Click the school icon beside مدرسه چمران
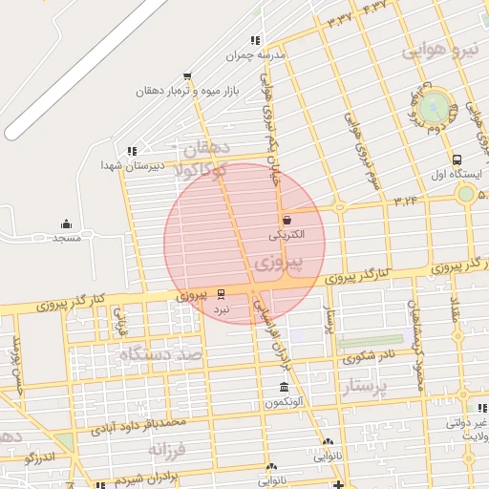click(254, 40)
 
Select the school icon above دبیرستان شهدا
click(132, 151)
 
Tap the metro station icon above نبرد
click(222, 293)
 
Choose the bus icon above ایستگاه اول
click(457, 160)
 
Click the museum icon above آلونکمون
click(284, 388)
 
